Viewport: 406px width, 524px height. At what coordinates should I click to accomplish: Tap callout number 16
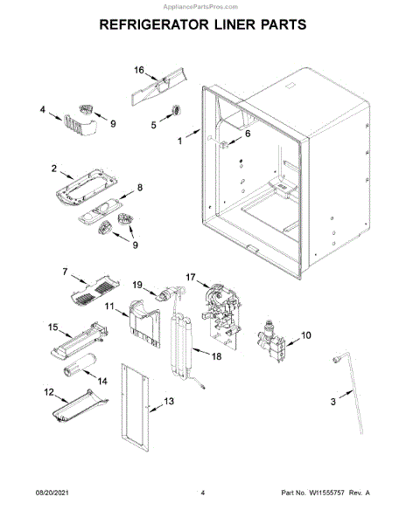pyautogui.click(x=139, y=70)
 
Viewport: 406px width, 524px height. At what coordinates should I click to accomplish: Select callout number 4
pyautogui.click(x=43, y=109)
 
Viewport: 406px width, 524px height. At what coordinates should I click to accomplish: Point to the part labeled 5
pyautogui.click(x=176, y=110)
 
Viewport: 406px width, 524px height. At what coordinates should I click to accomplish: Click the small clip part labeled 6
pyautogui.click(x=224, y=144)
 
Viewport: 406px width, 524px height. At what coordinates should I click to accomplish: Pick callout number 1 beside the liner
pyautogui.click(x=180, y=141)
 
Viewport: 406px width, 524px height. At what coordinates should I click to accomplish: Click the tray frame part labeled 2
pyautogui.click(x=87, y=186)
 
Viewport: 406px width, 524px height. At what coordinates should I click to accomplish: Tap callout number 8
pyautogui.click(x=140, y=187)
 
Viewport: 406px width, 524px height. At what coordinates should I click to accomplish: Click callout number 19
pyautogui.click(x=137, y=285)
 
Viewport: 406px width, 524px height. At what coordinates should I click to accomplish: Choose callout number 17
pyautogui.click(x=191, y=277)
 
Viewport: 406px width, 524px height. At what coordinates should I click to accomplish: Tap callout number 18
pyautogui.click(x=216, y=356)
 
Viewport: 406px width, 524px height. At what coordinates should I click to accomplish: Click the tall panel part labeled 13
pyautogui.click(x=135, y=407)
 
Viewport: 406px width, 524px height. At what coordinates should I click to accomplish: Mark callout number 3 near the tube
pyautogui.click(x=333, y=402)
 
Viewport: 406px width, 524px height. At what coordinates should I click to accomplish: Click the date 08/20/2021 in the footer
pyautogui.click(x=52, y=493)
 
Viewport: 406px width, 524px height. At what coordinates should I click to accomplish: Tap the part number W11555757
pyautogui.click(x=326, y=493)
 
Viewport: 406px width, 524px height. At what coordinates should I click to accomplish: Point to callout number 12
pyautogui.click(x=49, y=391)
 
